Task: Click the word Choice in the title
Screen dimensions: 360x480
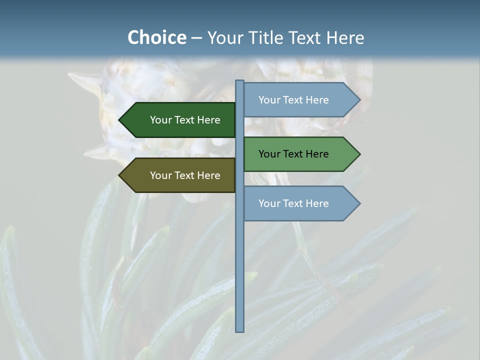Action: point(156,38)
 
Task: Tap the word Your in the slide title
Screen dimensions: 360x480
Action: point(223,38)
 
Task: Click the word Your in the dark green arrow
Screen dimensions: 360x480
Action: point(160,120)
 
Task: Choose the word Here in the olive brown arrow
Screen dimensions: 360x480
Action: point(208,175)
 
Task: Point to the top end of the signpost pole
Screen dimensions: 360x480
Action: point(240,81)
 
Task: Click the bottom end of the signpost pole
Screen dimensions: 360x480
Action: point(240,330)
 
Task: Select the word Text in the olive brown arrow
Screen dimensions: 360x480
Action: point(184,175)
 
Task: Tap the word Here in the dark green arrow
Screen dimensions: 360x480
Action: point(208,120)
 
